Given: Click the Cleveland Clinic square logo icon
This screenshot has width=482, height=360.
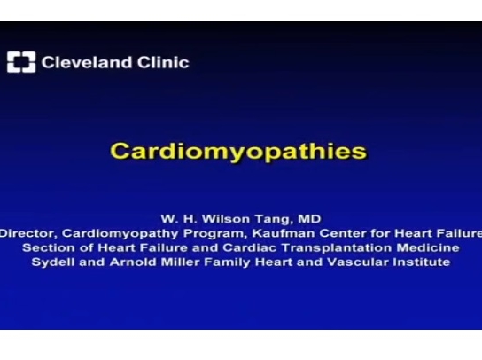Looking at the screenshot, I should pos(21,63).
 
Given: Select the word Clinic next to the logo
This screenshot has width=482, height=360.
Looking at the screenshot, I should pos(162,62).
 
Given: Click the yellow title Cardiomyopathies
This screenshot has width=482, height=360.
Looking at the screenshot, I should pos(238,151).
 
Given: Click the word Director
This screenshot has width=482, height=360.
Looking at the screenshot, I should pos(27,232).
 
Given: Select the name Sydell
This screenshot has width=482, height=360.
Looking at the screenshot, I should pos(54,262).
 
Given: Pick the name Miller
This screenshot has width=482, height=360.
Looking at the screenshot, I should pos(177,262).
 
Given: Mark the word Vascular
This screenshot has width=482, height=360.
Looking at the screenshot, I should pos(355,262).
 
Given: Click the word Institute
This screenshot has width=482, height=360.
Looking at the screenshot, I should pos(418,262).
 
